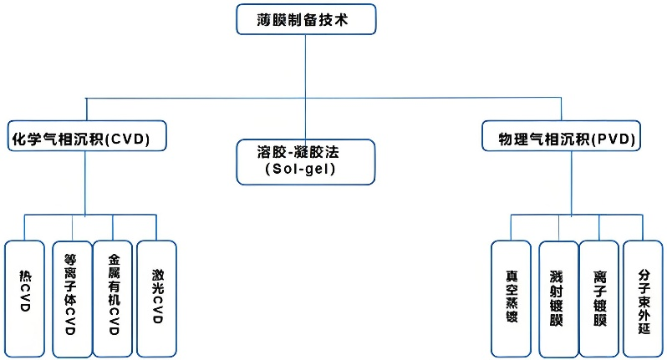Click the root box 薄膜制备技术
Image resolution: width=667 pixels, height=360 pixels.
[x=305, y=19]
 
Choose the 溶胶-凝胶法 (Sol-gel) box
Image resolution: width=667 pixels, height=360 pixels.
[x=305, y=161]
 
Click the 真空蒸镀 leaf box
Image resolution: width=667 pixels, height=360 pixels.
[x=511, y=297]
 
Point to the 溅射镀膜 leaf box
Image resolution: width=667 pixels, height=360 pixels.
[x=558, y=297]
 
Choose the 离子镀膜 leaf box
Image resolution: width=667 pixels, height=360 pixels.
[x=599, y=297]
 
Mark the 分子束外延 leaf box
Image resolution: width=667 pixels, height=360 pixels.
[x=644, y=297]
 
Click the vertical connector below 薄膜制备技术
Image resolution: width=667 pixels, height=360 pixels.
[x=305, y=67]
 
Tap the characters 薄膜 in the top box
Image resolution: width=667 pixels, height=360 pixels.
[x=270, y=19]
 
